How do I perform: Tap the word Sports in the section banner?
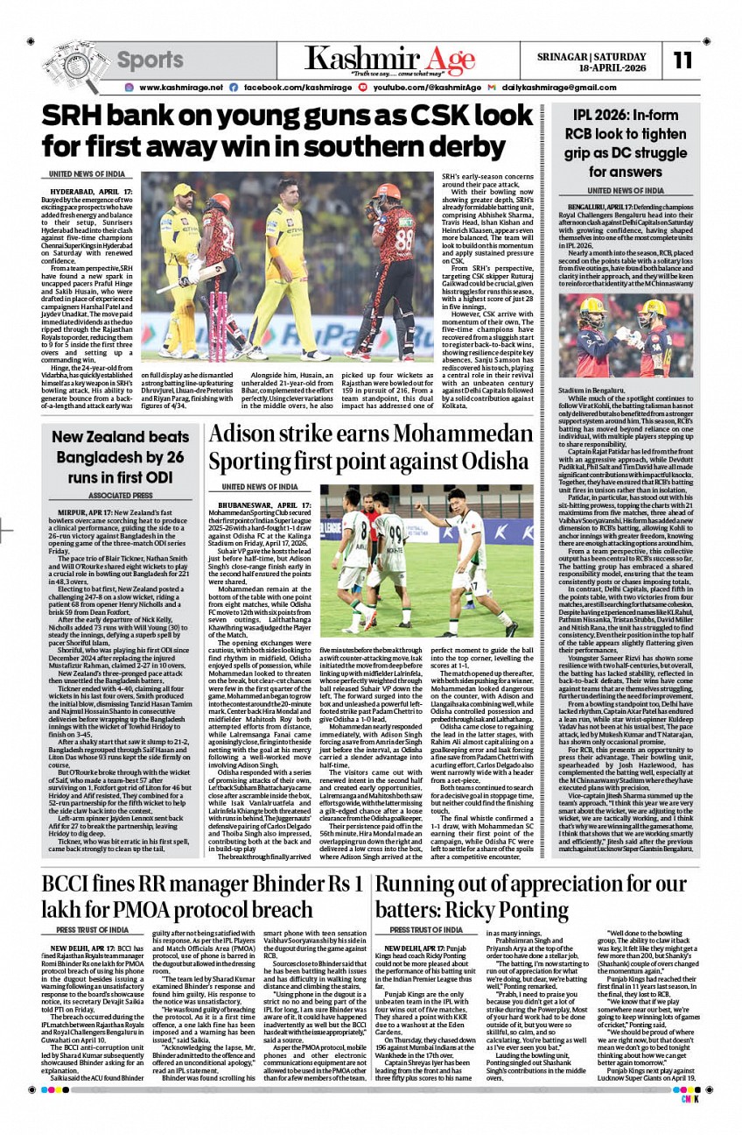tap(150, 60)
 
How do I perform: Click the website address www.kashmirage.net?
tap(180, 88)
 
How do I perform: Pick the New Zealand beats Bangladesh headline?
tap(119, 457)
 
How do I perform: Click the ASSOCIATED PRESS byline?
tap(119, 495)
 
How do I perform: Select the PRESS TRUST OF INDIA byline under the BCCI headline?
tap(93, 929)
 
